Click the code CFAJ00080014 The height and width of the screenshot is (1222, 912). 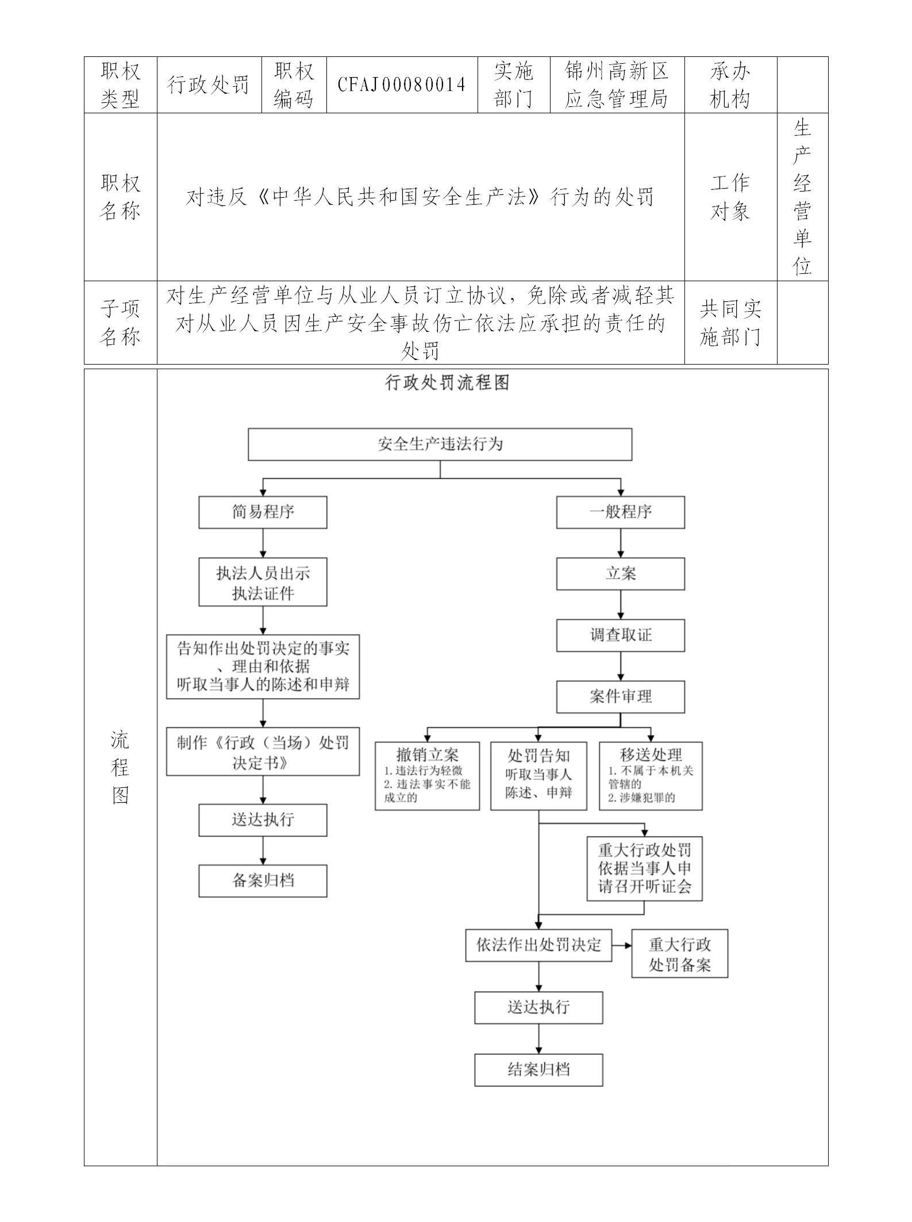point(402,85)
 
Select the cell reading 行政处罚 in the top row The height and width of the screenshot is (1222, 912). point(209,85)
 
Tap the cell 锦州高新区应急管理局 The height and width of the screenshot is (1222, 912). point(617,85)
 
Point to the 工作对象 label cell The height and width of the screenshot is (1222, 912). point(730,197)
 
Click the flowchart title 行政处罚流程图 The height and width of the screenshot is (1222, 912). point(447,383)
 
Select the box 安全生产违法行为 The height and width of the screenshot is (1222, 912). point(440,445)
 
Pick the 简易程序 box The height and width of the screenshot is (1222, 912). point(263,512)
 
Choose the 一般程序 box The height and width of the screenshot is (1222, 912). point(620,512)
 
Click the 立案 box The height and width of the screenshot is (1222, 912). point(620,574)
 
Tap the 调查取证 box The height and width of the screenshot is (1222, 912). point(620,635)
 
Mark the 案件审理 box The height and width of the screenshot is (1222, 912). point(620,697)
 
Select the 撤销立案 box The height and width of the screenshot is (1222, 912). point(427,776)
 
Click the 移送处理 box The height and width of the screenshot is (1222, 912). point(651,776)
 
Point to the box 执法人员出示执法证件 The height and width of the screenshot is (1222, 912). point(263,582)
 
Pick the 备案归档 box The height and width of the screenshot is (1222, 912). point(263,881)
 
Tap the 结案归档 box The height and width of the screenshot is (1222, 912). point(538,1070)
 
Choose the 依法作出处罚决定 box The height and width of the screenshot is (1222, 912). point(538,945)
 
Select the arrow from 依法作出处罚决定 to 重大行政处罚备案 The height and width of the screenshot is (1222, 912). point(621,945)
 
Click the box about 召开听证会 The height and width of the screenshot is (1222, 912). point(644,868)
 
